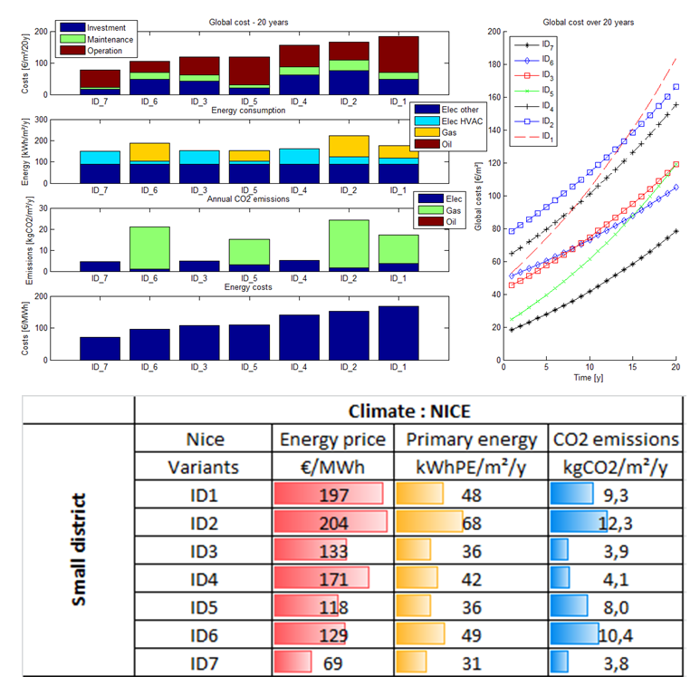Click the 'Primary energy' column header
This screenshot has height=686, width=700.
tap(468, 440)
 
